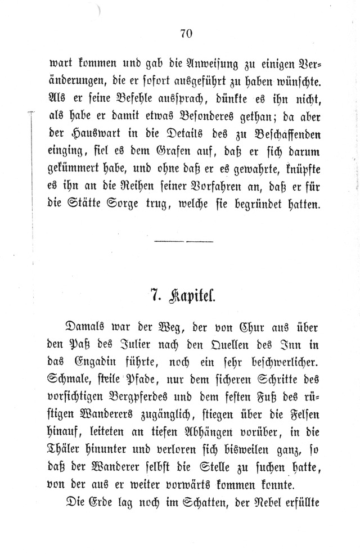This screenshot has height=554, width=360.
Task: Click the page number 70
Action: (x=187, y=34)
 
